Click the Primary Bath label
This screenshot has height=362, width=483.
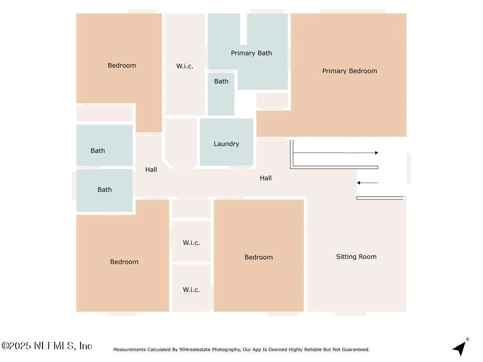pyautogui.click(x=251, y=53)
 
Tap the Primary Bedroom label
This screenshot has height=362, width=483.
pyautogui.click(x=350, y=71)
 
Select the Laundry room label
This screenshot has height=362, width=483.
pyautogui.click(x=226, y=144)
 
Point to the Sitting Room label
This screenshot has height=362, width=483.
pyautogui.click(x=356, y=257)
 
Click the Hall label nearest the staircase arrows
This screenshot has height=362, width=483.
pyautogui.click(x=266, y=178)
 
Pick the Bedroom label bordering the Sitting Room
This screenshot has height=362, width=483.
pyautogui.click(x=259, y=257)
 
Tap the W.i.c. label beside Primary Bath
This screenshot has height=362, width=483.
pyautogui.click(x=185, y=66)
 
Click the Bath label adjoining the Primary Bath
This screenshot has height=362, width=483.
pyautogui.click(x=221, y=81)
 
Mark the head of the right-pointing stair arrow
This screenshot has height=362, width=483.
pyautogui.click(x=376, y=153)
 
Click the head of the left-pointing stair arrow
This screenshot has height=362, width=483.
pyautogui.click(x=358, y=183)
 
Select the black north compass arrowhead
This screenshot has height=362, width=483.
pyautogui.click(x=459, y=348)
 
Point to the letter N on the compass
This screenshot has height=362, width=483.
pyautogui.click(x=467, y=339)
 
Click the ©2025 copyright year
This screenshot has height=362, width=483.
pyautogui.click(x=16, y=346)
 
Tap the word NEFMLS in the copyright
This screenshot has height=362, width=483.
pyautogui.click(x=54, y=346)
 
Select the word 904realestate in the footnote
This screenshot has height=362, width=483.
pyautogui.click(x=194, y=349)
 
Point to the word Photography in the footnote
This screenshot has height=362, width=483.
pyautogui.click(x=225, y=350)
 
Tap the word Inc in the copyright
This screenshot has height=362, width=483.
pyautogui.click(x=86, y=346)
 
